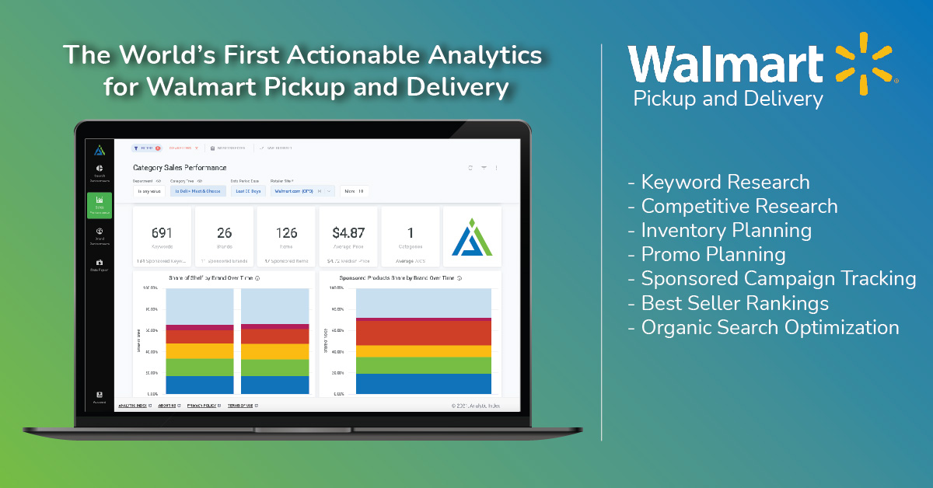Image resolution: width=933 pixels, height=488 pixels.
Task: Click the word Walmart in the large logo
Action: click(x=725, y=64)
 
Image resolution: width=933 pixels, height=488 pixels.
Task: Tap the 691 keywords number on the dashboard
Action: click(x=162, y=232)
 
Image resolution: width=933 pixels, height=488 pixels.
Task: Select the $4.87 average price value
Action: click(x=348, y=232)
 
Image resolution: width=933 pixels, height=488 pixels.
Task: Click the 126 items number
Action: click(x=286, y=232)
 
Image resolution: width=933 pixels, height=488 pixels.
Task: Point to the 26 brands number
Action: click(x=224, y=232)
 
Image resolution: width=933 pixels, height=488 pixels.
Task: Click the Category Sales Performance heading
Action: click(x=180, y=167)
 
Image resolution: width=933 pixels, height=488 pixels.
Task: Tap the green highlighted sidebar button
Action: click(x=100, y=206)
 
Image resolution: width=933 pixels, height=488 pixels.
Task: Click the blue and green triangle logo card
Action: click(x=472, y=236)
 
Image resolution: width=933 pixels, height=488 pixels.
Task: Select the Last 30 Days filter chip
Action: click(x=247, y=190)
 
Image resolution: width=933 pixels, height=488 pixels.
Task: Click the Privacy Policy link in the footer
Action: click(x=201, y=406)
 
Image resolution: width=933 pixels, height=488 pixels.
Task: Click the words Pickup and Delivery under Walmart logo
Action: click(x=727, y=99)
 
